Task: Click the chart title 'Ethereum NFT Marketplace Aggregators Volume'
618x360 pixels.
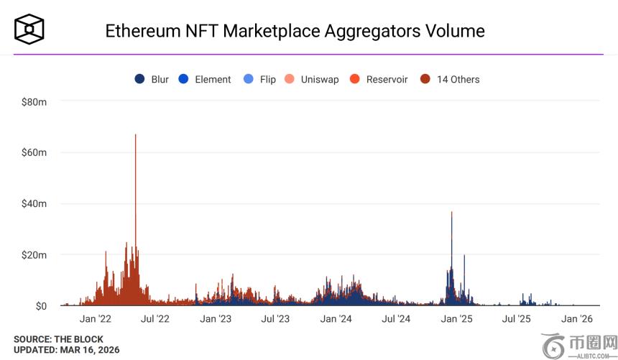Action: [x=295, y=31]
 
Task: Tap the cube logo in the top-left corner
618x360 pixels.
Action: [x=29, y=29]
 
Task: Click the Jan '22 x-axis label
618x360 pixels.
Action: [x=95, y=319]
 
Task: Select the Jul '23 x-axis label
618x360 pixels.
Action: [x=275, y=319]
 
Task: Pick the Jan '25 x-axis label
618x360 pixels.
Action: [x=456, y=319]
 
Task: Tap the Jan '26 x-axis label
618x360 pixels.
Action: [x=576, y=319]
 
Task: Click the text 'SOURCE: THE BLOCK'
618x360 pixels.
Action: [x=58, y=339]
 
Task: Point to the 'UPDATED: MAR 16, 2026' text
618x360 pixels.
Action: [x=66, y=350]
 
